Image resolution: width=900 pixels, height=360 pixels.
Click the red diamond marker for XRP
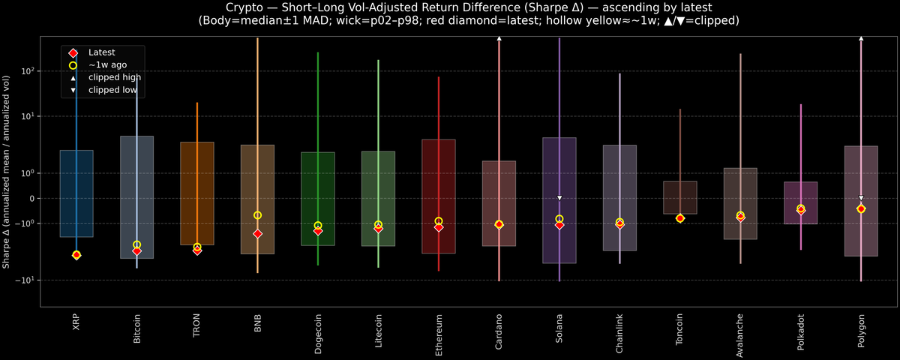pyautogui.click(x=76, y=256)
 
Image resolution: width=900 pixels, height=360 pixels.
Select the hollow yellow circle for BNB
pyautogui.click(x=257, y=215)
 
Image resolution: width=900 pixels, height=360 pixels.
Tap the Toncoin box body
pyautogui.click(x=679, y=197)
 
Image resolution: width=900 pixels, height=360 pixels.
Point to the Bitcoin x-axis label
pyautogui.click(x=136, y=328)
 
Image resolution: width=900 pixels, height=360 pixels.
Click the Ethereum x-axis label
pyautogui.click(x=438, y=332)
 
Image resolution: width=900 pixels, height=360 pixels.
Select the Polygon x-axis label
pyautogui.click(x=861, y=330)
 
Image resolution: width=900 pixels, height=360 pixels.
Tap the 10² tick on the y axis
pyautogui.click(x=28, y=71)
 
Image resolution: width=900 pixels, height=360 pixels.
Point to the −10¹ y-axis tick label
pyautogui.click(x=27, y=280)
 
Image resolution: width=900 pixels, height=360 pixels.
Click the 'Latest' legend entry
pyautogui.click(x=101, y=52)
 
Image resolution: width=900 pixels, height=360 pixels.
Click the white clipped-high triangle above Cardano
pyautogui.click(x=499, y=37)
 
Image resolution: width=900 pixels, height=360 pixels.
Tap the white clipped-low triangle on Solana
pyautogui.click(x=559, y=198)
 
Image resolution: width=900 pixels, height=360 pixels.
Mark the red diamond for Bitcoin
pyautogui.click(x=136, y=251)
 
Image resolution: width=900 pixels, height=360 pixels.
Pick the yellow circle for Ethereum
pyautogui.click(x=438, y=221)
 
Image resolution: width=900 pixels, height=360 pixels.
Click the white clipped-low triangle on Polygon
pyautogui.click(x=861, y=198)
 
